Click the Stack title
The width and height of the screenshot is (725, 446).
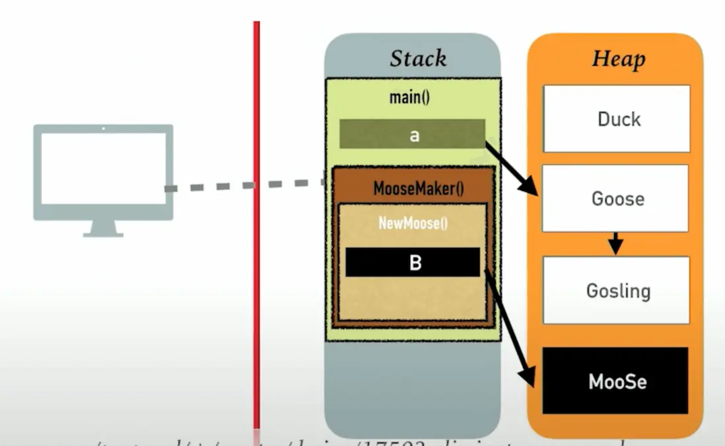click(x=418, y=58)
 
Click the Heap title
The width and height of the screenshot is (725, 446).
click(x=617, y=58)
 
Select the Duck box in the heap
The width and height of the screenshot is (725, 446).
click(x=617, y=119)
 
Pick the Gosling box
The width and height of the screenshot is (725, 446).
click(x=617, y=290)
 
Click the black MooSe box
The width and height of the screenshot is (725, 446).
click(x=615, y=381)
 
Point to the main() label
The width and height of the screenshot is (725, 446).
click(x=409, y=97)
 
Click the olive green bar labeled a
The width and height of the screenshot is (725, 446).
click(x=413, y=134)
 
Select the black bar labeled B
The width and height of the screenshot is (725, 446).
click(x=413, y=262)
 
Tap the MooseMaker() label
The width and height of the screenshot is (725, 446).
click(x=418, y=188)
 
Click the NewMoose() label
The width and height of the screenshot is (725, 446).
click(x=413, y=223)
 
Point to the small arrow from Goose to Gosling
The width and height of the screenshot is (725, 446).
click(x=615, y=243)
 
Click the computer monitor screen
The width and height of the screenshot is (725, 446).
click(x=103, y=168)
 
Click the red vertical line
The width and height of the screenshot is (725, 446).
click(x=256, y=264)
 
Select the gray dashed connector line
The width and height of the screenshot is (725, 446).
click(x=244, y=186)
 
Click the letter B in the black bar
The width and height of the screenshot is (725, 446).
click(x=415, y=263)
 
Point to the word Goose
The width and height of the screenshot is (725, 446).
click(x=617, y=199)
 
